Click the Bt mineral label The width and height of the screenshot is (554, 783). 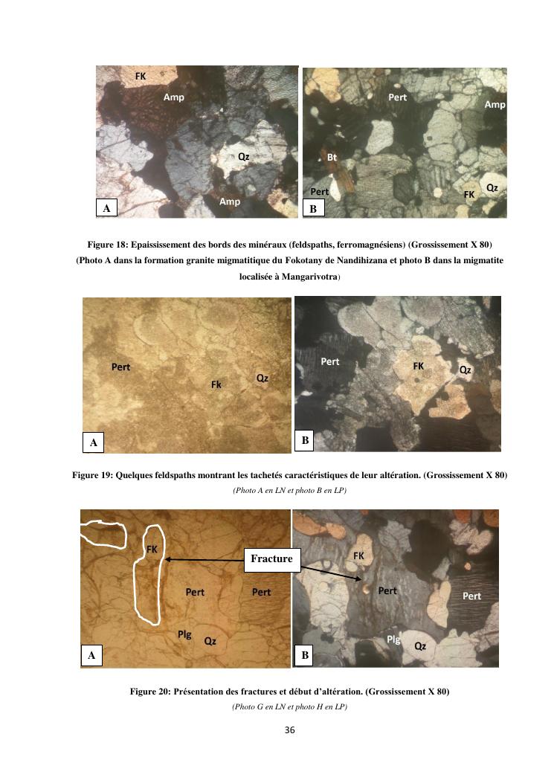[332, 158]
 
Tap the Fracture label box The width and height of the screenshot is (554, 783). [271, 559]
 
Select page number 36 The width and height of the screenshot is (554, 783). [290, 730]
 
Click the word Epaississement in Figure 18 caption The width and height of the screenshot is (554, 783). [159, 245]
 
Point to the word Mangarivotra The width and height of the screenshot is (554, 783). [310, 277]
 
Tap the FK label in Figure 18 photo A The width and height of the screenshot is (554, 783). [141, 76]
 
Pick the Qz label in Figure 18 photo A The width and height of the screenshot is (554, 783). [243, 157]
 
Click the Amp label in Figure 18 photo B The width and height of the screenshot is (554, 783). [495, 104]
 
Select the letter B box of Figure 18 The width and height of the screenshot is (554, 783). [313, 208]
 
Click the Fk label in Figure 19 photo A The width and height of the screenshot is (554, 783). [216, 384]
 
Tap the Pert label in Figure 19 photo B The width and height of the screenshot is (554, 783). [329, 361]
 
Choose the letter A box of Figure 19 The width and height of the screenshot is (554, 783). [94, 442]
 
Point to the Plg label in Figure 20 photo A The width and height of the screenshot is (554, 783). [184, 635]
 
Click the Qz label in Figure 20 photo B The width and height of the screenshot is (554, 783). [420, 646]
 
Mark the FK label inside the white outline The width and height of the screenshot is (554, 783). [152, 550]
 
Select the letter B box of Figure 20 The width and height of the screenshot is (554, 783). [305, 655]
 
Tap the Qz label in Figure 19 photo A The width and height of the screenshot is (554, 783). [262, 378]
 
